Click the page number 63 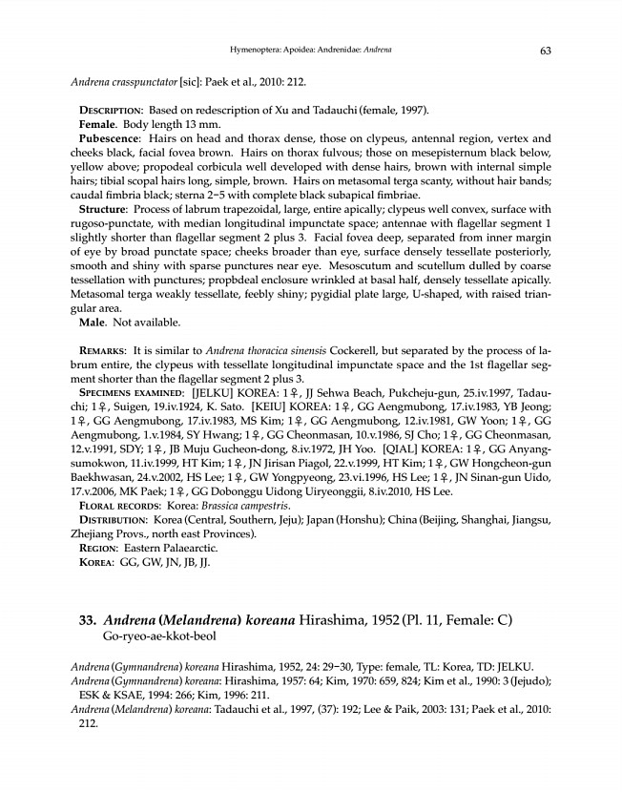click(546, 50)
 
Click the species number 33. click(88, 619)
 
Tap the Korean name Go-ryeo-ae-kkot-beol click(160, 636)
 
